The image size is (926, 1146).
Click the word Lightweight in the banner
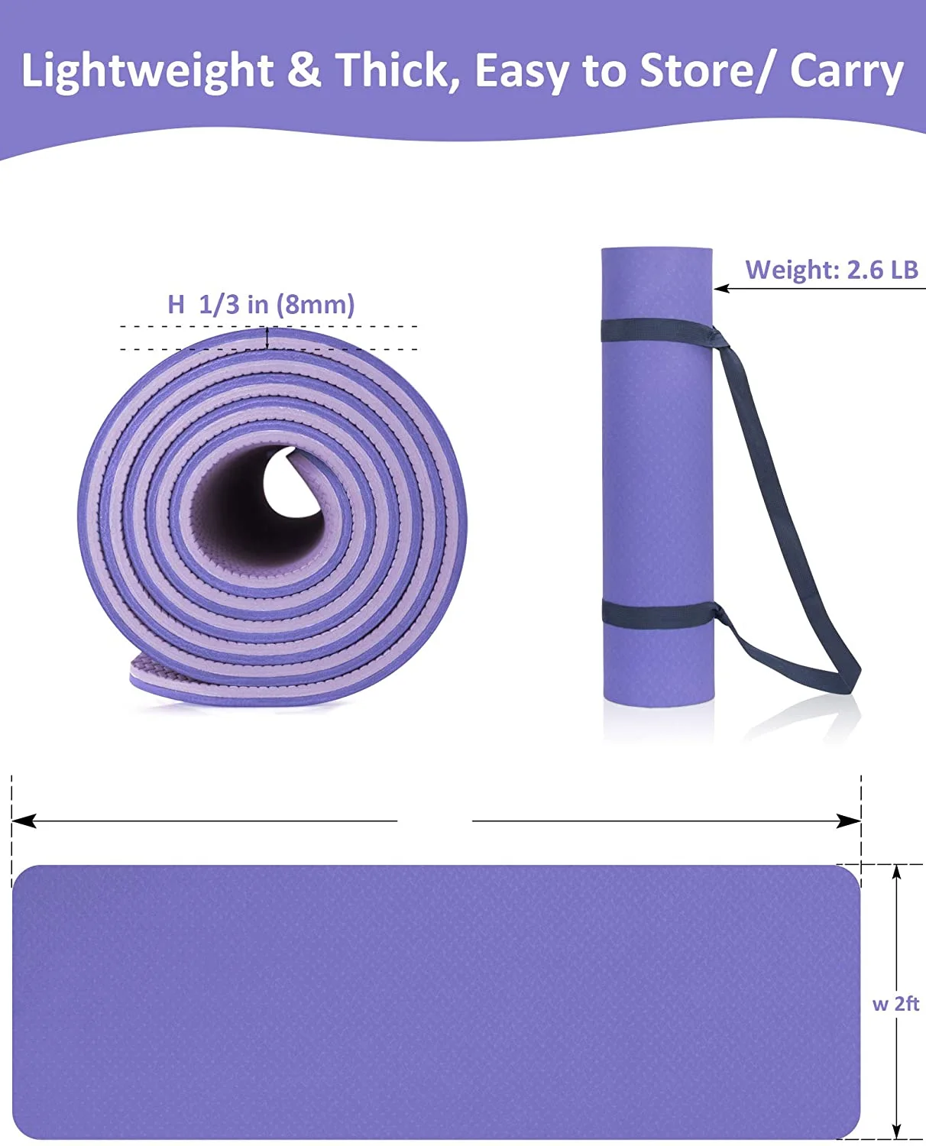pyautogui.click(x=147, y=71)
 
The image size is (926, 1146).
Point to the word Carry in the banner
pyautogui.click(x=847, y=71)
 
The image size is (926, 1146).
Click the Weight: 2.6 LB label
pyautogui.click(x=831, y=270)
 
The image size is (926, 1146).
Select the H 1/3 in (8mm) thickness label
pyautogui.click(x=261, y=305)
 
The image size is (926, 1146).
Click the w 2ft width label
pyautogui.click(x=895, y=1003)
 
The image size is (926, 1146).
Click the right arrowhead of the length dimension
pyautogui.click(x=850, y=821)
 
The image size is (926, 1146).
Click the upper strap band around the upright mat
pyautogui.click(x=657, y=330)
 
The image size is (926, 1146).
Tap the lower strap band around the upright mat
pyautogui.click(x=657, y=613)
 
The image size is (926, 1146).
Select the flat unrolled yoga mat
pyautogui.click(x=435, y=1001)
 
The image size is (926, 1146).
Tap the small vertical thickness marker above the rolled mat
pyautogui.click(x=267, y=338)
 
